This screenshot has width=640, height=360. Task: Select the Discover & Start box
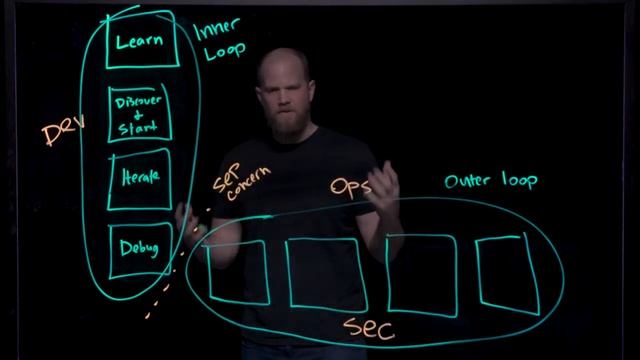(139, 113)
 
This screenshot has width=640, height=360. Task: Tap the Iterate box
(138, 178)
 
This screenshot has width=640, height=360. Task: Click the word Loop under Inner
(224, 52)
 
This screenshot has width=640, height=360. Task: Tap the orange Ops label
(351, 187)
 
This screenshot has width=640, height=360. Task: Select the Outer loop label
(490, 181)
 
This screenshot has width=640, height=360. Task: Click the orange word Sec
(368, 327)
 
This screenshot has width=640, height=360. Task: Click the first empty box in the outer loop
(238, 271)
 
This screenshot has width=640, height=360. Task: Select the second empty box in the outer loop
(323, 272)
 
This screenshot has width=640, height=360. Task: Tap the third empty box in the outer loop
(420, 272)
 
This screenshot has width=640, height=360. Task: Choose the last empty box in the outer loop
(507, 270)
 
